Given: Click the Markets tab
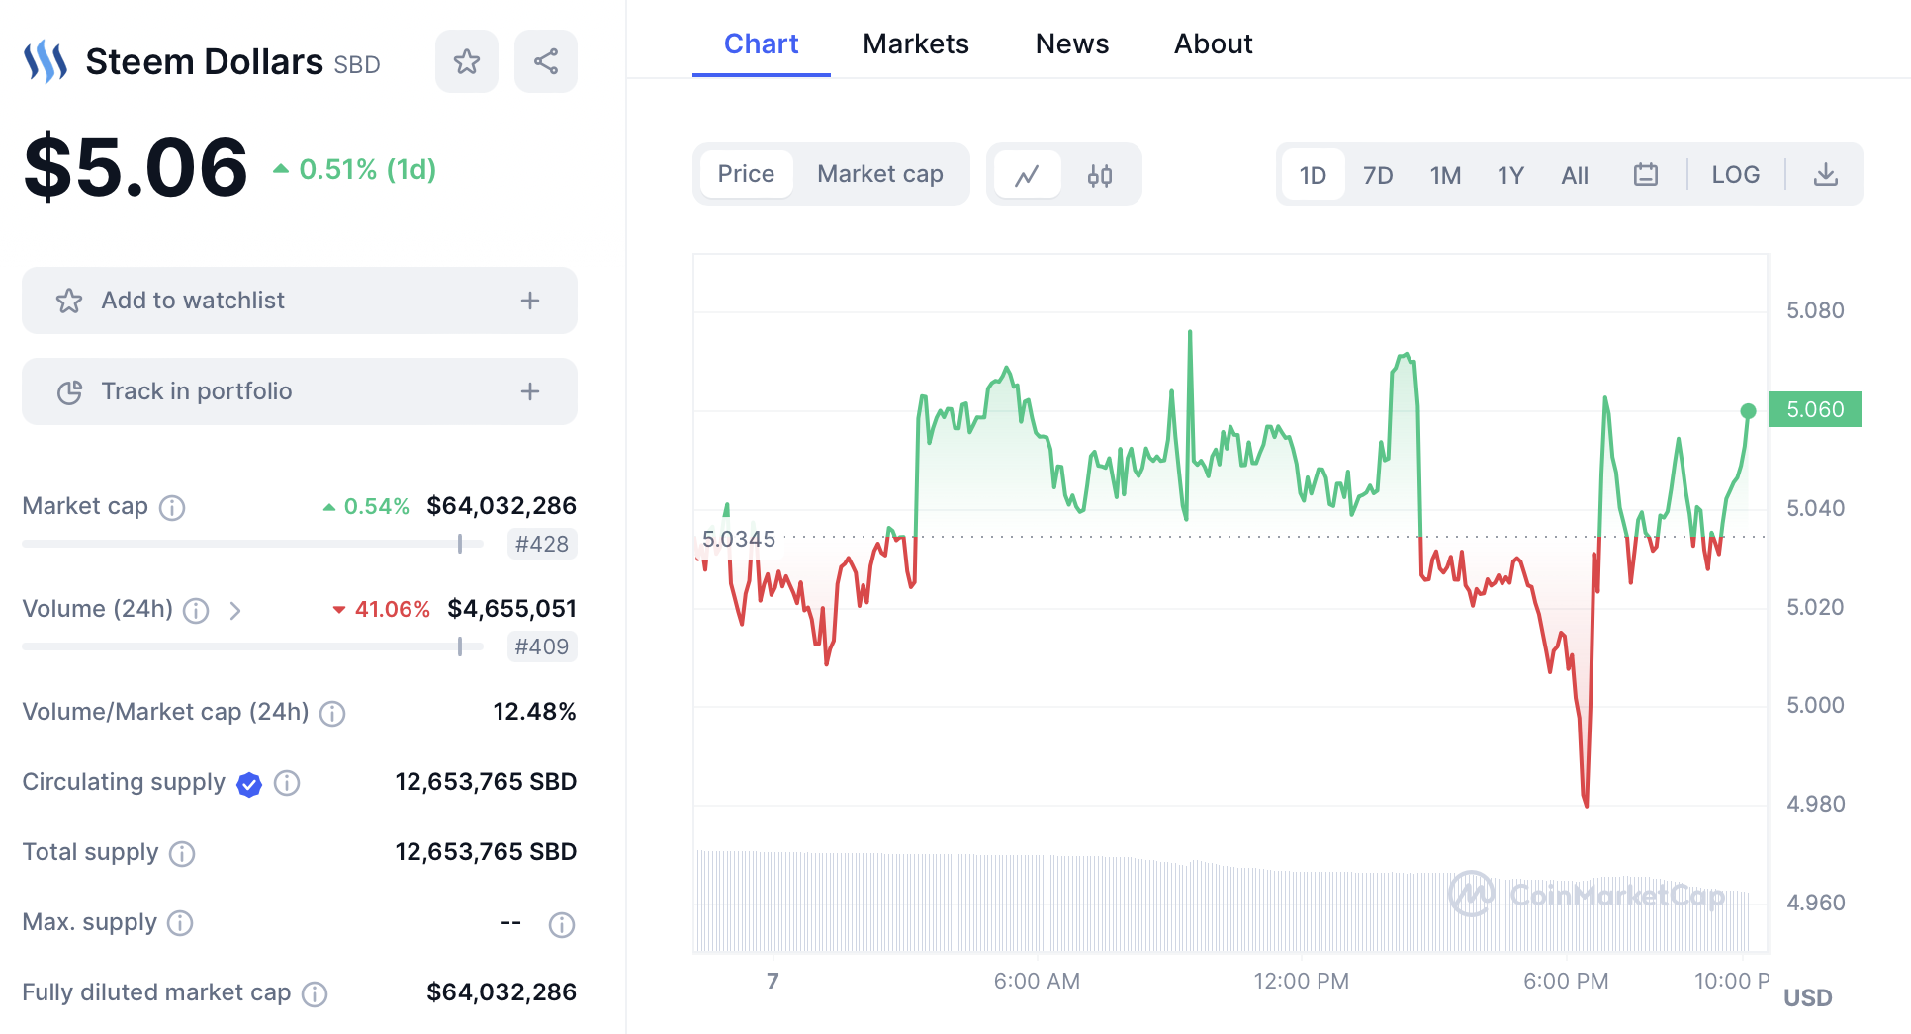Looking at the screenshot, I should pos(915,43).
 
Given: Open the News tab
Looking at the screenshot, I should pos(1071,43).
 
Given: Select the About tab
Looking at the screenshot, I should pos(1213,43).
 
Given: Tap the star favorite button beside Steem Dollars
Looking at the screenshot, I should pos(466,61).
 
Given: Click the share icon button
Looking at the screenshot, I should pos(545,61).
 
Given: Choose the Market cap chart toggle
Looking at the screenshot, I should pos(879,174).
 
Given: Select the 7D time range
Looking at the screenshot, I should pos(1377,175).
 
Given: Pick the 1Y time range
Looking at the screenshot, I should pos(1509,175).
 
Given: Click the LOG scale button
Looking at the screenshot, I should pos(1735,175).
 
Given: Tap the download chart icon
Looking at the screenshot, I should pos(1825,175).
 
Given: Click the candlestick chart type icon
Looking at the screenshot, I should pos(1099,175).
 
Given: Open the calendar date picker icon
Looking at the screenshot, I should pos(1645,175).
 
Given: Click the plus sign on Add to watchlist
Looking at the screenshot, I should pos(530,301).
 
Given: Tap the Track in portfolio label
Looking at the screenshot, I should pos(196,391).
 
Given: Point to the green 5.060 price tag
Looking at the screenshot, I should pos(1814,409).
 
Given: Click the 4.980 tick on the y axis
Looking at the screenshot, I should pos(1815,804).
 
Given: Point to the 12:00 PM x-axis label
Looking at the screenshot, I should pos(1301,981).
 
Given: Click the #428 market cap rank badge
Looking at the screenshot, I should pos(541,544).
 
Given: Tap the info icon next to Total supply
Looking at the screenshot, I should pos(182,853).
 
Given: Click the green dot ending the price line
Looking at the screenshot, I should pos(1748,411).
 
